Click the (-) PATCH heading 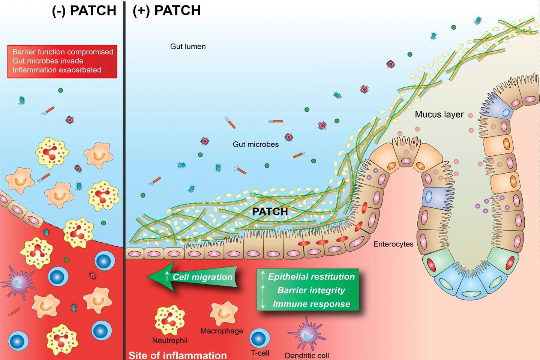pos(84,10)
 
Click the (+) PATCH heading pos(166,10)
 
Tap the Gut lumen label pos(188,46)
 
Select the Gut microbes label pos(256,144)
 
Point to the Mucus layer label pos(439,114)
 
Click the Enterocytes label pos(393,244)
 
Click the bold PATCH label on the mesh pos(270,211)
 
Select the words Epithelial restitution pos(311,277)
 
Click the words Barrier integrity pos(311,290)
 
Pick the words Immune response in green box pos(311,304)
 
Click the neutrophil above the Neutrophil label pos(170,319)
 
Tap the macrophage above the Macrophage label pos(223,313)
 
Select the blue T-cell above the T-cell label pos(260,338)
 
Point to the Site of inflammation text pos(178,355)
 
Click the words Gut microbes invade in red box pos(48,61)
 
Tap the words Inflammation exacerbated pos(57,70)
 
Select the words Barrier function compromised pos(63,52)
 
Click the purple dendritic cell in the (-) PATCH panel pos(18,282)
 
